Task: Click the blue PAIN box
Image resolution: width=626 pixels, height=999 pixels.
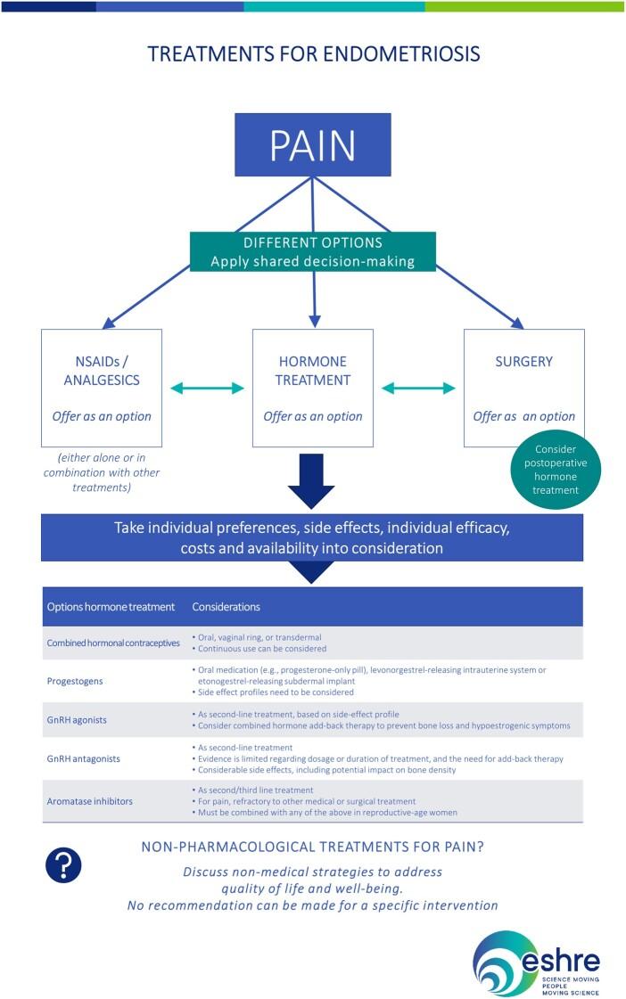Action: (312, 143)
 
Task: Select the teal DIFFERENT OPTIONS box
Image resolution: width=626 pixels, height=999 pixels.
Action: (312, 251)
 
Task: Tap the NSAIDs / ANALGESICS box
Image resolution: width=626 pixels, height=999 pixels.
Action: (101, 388)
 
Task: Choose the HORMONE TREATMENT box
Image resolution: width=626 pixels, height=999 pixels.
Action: (312, 388)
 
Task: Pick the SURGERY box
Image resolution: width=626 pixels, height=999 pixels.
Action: (523, 388)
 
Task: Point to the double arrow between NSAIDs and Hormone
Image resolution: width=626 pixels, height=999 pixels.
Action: (207, 388)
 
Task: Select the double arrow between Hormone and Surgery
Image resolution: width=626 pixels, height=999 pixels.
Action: (418, 388)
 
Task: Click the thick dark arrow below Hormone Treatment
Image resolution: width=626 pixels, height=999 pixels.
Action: (312, 480)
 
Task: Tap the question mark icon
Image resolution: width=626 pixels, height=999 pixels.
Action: (62, 864)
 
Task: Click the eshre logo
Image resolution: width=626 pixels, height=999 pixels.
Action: (536, 959)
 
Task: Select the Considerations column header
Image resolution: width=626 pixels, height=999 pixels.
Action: (227, 607)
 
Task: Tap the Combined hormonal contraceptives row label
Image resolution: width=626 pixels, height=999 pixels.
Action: (112, 643)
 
